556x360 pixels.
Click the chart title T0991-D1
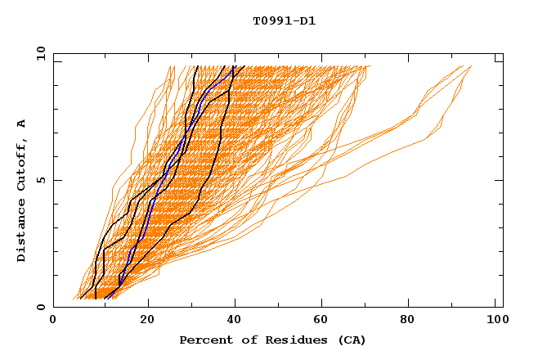(x=285, y=20)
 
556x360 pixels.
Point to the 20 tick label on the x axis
(x=147, y=320)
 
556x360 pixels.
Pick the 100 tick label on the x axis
(x=496, y=320)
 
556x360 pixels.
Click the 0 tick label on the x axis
(x=53, y=320)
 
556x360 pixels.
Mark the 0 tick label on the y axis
(x=40, y=307)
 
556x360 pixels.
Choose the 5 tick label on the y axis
(x=40, y=180)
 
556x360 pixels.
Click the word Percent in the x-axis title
(x=203, y=340)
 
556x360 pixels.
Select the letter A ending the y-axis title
(x=21, y=124)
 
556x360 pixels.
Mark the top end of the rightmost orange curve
(x=471, y=66)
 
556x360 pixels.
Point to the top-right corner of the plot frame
(x=503, y=53)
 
